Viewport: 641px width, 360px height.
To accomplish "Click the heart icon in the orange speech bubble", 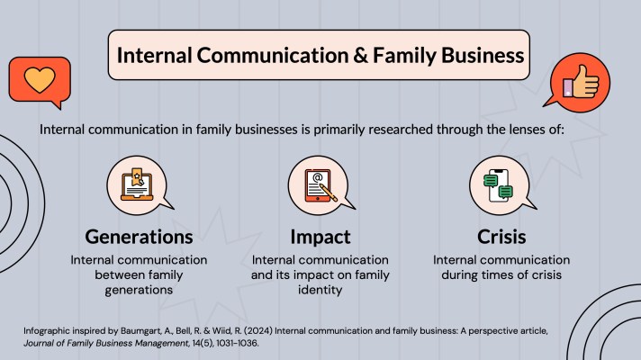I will click(x=39, y=78).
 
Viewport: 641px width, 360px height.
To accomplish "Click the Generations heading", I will click(x=139, y=237).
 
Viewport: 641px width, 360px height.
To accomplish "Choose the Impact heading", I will click(x=320, y=237).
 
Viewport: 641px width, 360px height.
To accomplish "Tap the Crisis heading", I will click(x=498, y=237).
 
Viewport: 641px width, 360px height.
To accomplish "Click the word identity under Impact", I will click(x=320, y=290).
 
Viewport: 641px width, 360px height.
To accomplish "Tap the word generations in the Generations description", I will click(x=139, y=290).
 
